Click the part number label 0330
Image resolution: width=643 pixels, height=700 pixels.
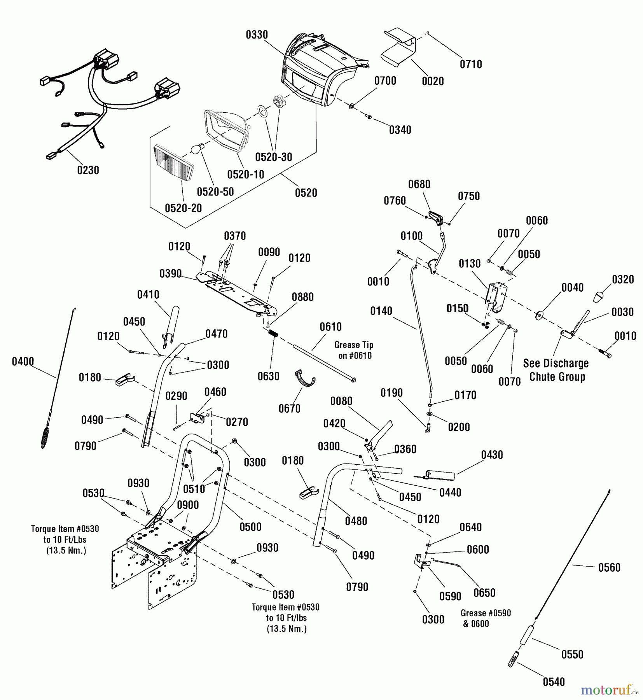pyautogui.click(x=257, y=35)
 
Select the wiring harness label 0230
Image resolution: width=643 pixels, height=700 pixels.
pyautogui.click(x=88, y=170)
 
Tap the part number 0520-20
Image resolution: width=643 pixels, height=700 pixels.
pyautogui.click(x=183, y=208)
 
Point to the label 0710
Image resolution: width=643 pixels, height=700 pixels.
pyautogui.click(x=471, y=64)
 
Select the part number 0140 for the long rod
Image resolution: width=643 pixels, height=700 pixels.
pyautogui.click(x=381, y=311)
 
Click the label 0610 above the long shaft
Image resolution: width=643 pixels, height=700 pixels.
pyautogui.click(x=330, y=327)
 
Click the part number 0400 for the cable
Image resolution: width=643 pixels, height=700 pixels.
pyautogui.click(x=23, y=362)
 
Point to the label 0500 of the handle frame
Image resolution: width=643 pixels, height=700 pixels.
pyautogui.click(x=250, y=527)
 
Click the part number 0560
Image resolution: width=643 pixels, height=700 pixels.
pyautogui.click(x=609, y=567)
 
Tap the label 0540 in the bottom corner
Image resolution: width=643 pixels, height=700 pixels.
pyautogui.click(x=554, y=682)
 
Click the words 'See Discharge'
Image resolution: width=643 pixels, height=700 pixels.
pyautogui.click(x=556, y=363)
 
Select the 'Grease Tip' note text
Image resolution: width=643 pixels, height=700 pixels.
pyautogui.click(x=353, y=345)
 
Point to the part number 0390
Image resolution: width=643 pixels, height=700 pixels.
pyautogui.click(x=170, y=274)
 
